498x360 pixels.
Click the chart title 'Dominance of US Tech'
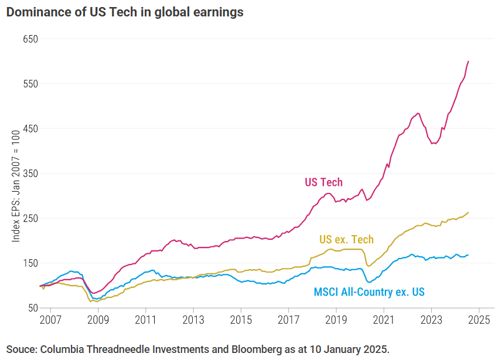click(124, 12)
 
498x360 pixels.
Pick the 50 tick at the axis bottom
click(33, 308)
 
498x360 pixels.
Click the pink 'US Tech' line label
click(323, 182)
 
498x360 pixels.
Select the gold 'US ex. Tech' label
click(346, 239)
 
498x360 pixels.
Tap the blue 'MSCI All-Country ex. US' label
click(369, 291)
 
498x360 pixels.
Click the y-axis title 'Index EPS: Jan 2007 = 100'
click(16, 186)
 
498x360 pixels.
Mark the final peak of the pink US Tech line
click(468, 61)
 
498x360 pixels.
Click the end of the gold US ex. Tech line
click(468, 212)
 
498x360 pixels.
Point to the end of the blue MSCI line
click(468, 255)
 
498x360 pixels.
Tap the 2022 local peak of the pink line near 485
click(418, 113)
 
